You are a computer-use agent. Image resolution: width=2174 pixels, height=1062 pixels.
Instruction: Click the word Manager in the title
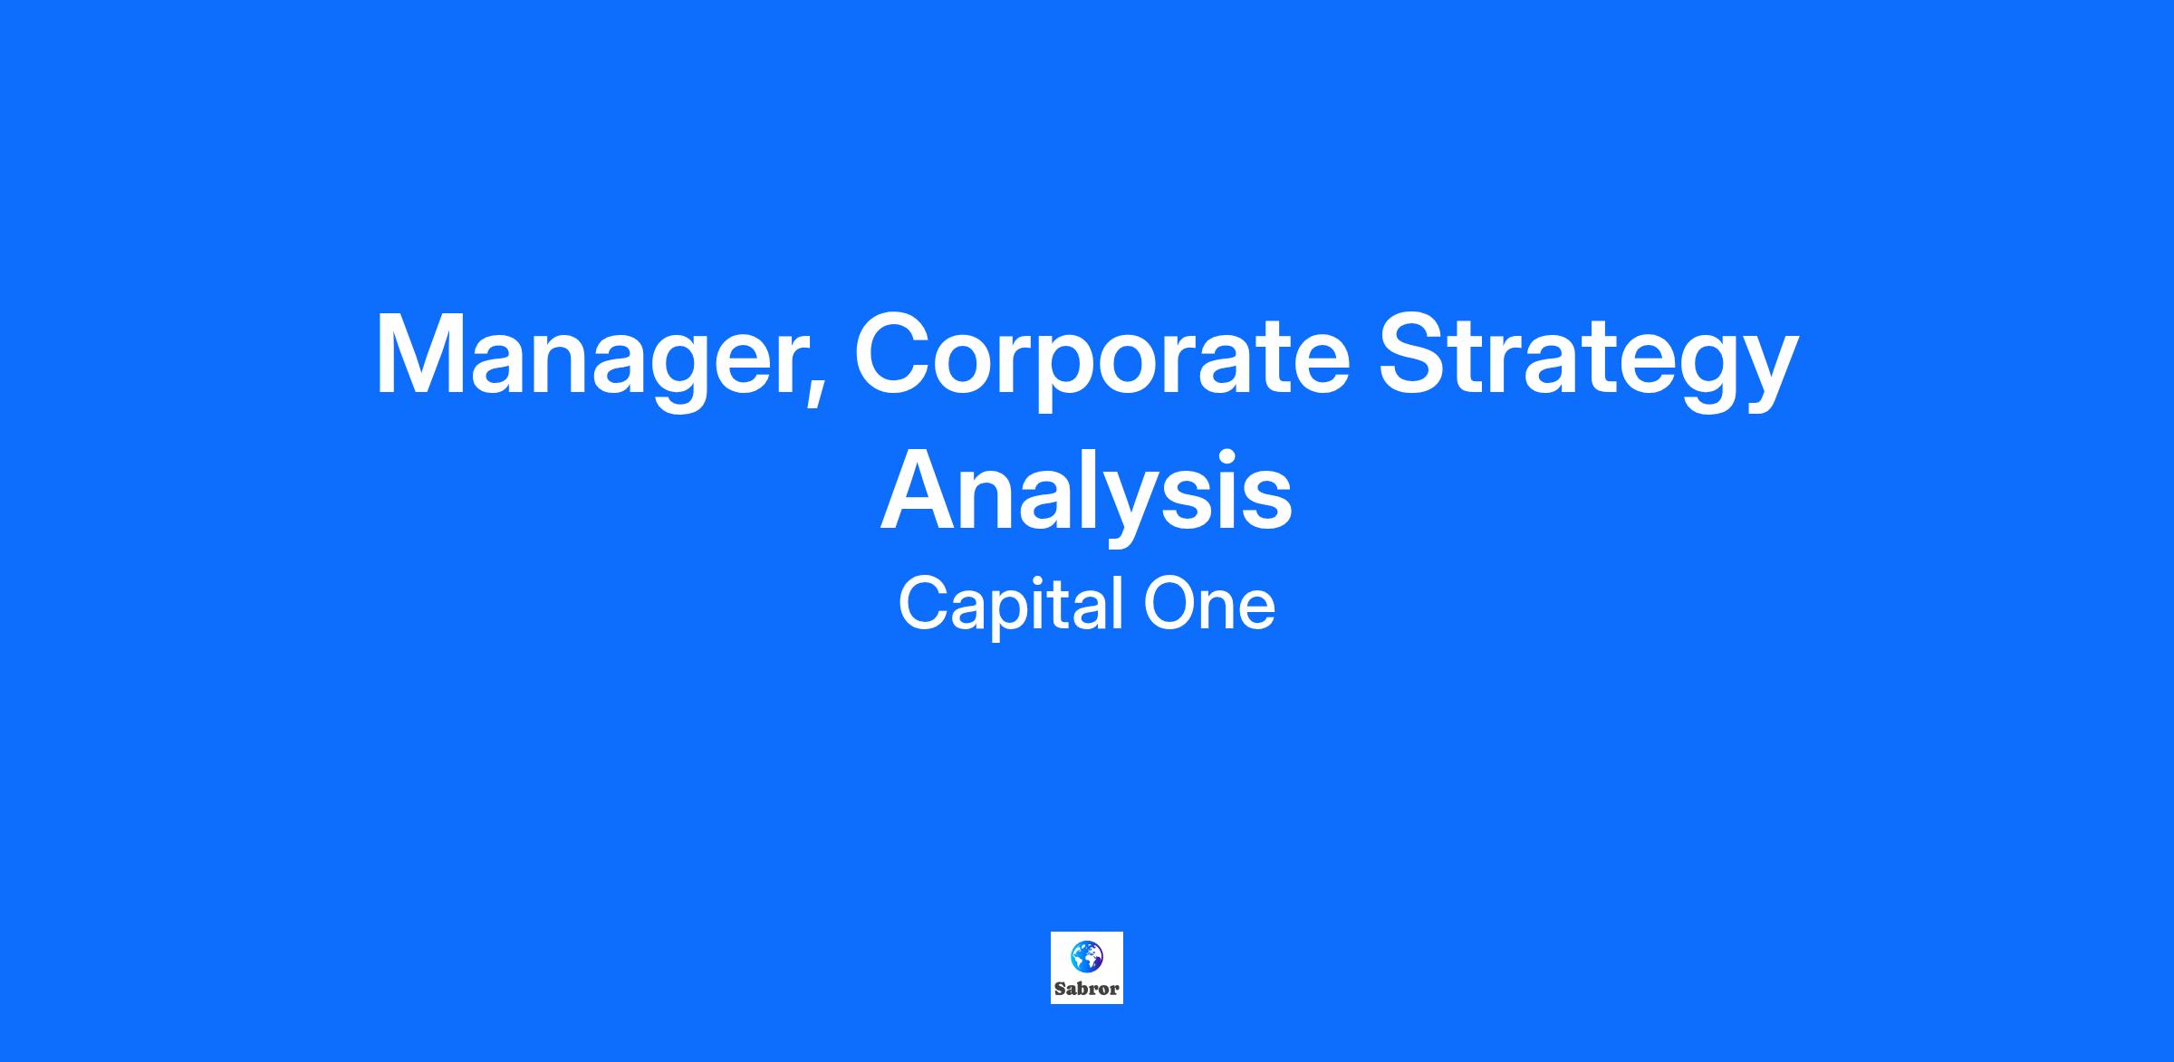[x=599, y=358]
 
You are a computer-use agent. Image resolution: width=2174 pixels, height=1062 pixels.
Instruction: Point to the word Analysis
[x=1086, y=493]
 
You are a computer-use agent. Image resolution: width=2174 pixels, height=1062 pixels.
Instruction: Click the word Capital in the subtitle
[x=1013, y=605]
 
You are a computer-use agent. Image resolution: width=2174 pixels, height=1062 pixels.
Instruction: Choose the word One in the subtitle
[x=1210, y=605]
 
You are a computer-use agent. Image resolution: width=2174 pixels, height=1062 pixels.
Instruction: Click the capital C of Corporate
[x=895, y=354]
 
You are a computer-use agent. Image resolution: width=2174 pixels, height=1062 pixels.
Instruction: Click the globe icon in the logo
[x=1086, y=956]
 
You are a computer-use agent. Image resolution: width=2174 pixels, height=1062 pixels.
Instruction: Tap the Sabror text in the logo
[x=1086, y=989]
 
